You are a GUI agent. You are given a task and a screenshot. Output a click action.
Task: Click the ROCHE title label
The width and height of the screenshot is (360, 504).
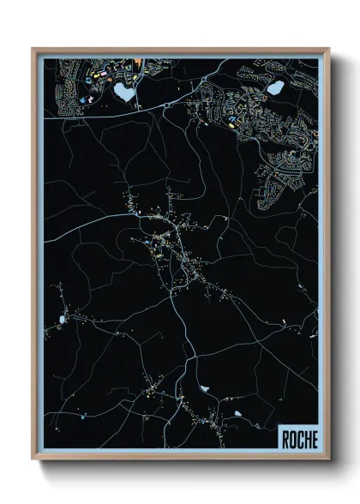coord(298,438)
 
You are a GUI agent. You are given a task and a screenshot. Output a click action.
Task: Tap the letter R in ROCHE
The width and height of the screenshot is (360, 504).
coord(285,438)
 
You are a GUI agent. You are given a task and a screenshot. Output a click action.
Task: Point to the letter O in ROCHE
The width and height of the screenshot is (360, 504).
coord(292,438)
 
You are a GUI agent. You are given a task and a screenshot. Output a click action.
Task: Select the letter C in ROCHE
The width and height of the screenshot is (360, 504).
coord(299,438)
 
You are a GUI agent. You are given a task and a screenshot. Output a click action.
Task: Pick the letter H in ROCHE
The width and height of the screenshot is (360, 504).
coord(306,438)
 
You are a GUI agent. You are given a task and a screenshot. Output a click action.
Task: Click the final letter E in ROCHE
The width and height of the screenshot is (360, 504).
coord(313,438)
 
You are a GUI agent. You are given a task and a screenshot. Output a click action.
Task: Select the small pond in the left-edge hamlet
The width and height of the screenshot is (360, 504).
coord(63,320)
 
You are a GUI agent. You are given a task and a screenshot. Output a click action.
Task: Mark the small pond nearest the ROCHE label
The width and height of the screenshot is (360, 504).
coord(237,414)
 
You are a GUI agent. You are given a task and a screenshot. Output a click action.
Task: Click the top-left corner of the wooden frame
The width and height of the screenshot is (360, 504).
coord(33,48)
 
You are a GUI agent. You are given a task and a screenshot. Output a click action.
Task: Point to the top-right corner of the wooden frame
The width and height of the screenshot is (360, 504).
coord(329,48)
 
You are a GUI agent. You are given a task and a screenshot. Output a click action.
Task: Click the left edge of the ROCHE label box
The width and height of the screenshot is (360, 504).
coord(279,438)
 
